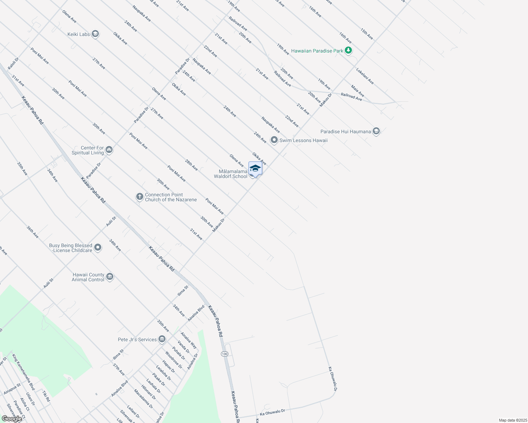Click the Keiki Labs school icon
[95, 34]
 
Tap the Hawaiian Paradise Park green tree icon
[348, 50]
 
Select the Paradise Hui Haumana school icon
[376, 131]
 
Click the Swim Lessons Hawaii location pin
[274, 140]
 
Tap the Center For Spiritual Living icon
[109, 150]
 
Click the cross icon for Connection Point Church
[140, 197]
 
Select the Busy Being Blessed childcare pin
[98, 248]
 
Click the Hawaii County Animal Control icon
[109, 277]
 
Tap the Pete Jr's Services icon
[162, 339]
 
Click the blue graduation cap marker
[255, 168]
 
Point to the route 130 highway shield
[225, 354]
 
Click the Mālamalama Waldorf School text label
[231, 174]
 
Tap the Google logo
[12, 419]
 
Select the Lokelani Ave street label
[365, 76]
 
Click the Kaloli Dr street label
[13, 63]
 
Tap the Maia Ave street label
[358, 91]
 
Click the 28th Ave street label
[191, 165]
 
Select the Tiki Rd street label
[46, 396]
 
